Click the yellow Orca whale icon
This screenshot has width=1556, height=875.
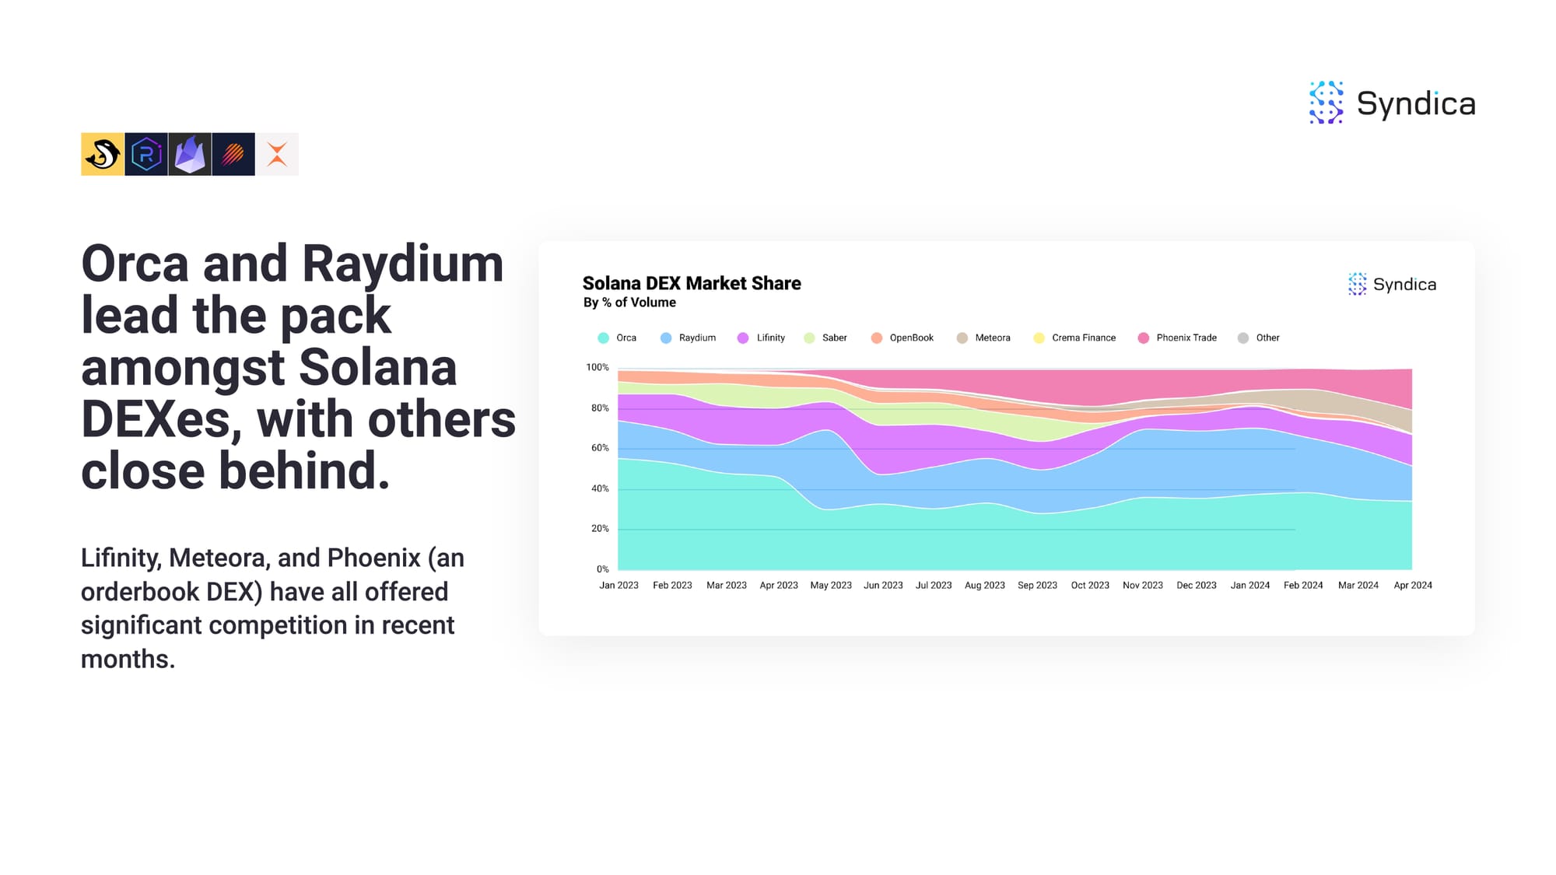(102, 154)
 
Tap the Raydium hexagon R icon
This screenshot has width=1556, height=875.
(146, 154)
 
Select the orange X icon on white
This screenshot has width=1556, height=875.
(277, 154)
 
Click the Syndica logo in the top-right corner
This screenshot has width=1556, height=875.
(1392, 103)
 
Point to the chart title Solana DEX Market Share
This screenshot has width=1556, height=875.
(692, 283)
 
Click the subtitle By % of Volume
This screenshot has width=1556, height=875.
(629, 303)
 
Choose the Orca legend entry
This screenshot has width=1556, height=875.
(617, 338)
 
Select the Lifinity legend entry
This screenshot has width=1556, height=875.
(761, 338)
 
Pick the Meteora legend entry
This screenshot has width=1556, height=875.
(983, 338)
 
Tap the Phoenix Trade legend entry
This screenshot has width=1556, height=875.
(1177, 338)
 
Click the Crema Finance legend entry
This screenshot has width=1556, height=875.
(1074, 338)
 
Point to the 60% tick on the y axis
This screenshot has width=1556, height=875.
(600, 448)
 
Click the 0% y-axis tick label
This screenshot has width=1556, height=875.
(603, 569)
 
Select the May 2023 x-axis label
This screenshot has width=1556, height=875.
(831, 586)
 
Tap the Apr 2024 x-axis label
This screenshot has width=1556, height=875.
(1413, 586)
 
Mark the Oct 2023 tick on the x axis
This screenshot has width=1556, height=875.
(1090, 586)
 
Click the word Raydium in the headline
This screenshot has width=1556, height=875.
(403, 264)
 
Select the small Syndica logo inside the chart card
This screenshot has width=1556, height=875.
(1392, 284)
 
